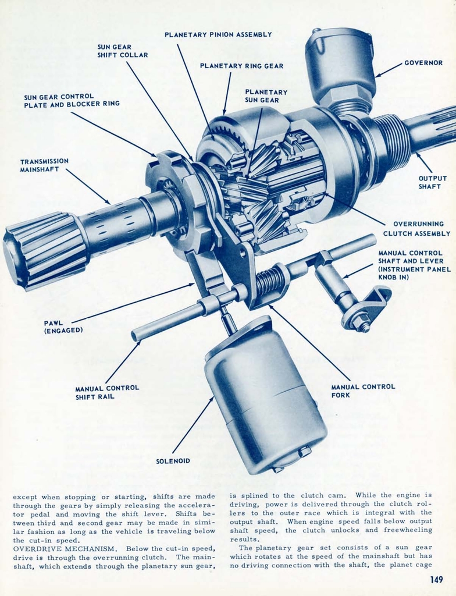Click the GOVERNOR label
pyautogui.click(x=423, y=63)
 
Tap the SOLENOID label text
pyautogui.click(x=173, y=461)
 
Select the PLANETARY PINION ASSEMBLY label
pyautogui.click(x=218, y=35)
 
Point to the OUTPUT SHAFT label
pyautogui.click(x=433, y=183)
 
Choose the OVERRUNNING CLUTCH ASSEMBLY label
pyautogui.click(x=417, y=229)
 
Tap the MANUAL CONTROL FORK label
pyautogui.click(x=363, y=391)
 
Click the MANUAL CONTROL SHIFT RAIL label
pyautogui.click(x=107, y=392)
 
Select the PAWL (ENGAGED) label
pyautogui.click(x=63, y=327)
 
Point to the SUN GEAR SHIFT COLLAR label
pyautogui.click(x=123, y=51)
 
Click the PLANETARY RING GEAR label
pyautogui.click(x=241, y=66)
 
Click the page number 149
pyautogui.click(x=437, y=579)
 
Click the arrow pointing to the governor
pyautogui.click(x=389, y=70)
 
